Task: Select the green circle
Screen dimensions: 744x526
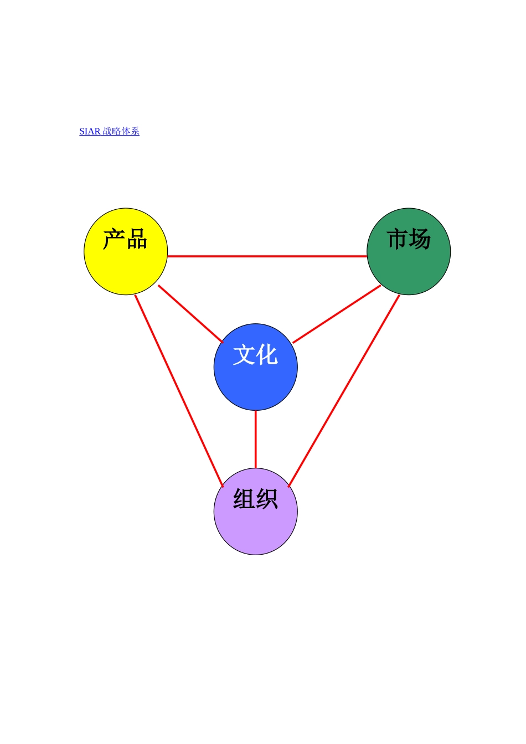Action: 409,268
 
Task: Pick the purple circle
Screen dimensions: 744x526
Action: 255,529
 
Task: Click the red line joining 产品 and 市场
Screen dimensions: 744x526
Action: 267,256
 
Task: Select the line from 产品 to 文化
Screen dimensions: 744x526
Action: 190,313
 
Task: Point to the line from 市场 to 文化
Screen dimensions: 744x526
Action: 337,314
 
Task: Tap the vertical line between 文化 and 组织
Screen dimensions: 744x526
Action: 255,439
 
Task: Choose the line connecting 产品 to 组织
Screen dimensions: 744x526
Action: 178,390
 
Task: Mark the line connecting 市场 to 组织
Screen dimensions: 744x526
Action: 344,391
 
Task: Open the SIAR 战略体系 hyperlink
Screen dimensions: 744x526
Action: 109,131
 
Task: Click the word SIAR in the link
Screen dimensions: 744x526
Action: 90,132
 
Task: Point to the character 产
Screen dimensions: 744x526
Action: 114,240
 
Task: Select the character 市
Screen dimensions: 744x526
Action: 398,239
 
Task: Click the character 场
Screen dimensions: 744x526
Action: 420,239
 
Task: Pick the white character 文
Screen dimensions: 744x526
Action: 244,355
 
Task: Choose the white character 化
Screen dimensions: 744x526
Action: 267,355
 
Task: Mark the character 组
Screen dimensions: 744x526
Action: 244,499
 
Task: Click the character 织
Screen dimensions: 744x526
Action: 267,499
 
